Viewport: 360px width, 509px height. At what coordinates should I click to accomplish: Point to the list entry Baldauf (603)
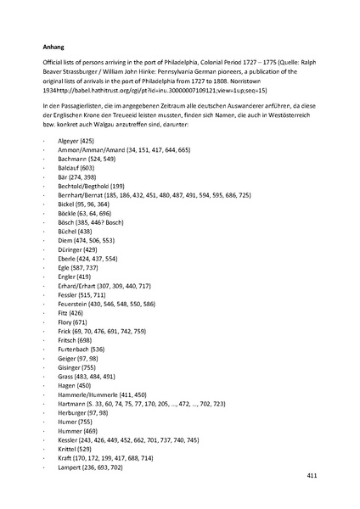[x=74, y=168]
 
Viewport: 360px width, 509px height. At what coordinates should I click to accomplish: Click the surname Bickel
[x=64, y=206]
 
